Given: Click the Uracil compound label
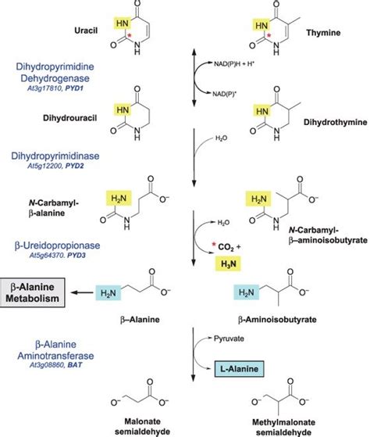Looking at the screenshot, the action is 86,30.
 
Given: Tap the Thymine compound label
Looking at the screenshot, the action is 323,33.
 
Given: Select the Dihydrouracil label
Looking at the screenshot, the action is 69,118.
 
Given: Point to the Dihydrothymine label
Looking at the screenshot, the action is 335,123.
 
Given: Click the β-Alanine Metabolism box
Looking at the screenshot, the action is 33,292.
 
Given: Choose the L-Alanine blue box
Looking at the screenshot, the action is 239,369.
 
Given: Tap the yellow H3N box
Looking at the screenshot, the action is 229,263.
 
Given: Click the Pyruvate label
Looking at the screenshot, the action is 229,338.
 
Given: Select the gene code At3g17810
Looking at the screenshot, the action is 44,88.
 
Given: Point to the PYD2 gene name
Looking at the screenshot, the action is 74,166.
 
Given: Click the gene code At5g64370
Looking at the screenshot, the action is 47,256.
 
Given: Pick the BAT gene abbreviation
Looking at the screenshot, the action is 75,365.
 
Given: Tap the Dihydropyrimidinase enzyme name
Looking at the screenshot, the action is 55,156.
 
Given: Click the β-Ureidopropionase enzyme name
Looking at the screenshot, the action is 57,245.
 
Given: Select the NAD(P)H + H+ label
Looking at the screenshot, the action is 233,64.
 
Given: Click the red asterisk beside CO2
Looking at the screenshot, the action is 214,245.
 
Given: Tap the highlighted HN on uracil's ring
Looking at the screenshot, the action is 123,23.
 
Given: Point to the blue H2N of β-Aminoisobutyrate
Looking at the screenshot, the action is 247,292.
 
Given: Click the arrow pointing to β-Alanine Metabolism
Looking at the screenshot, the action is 82,292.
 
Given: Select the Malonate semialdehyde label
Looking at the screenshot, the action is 142,427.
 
